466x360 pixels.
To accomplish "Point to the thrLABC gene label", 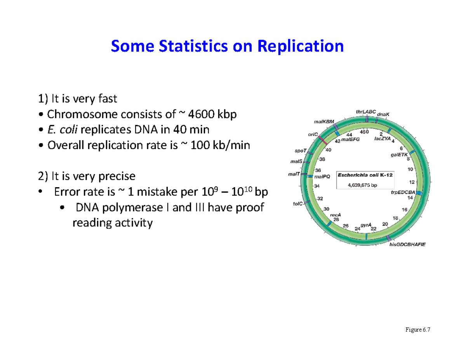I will [x=366, y=112].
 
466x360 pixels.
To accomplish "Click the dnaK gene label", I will [x=385, y=115].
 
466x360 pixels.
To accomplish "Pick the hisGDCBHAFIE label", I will [x=407, y=244].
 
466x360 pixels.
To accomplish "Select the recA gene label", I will [x=335, y=214].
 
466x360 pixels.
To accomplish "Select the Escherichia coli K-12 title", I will [x=365, y=175].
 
